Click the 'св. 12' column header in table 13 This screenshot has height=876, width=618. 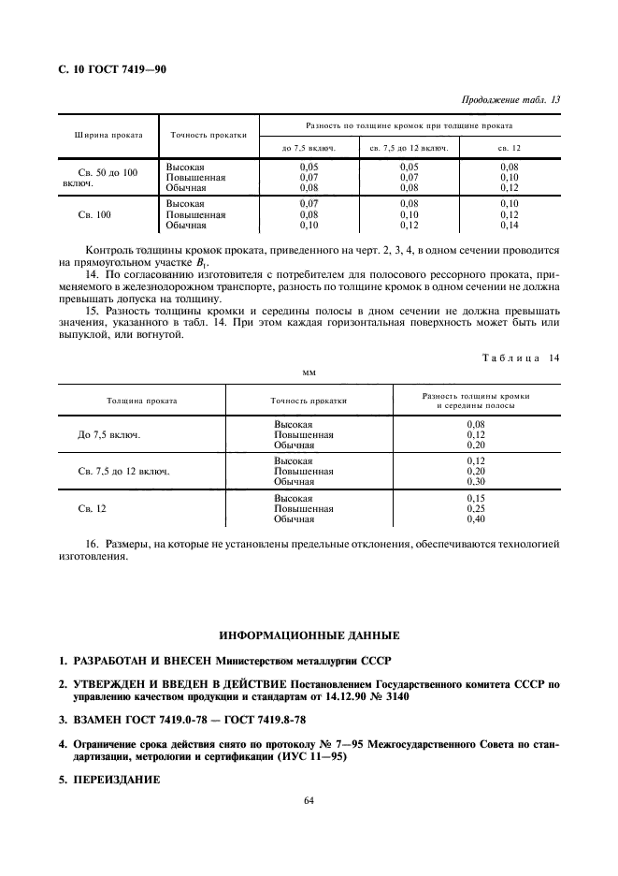coord(509,148)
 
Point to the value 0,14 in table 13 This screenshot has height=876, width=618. coord(509,226)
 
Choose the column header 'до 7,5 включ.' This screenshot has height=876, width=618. coord(309,148)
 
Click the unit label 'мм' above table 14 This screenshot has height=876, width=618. coord(309,372)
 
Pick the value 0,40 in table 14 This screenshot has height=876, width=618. coord(476,518)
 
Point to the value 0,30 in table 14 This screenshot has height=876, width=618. coord(476,481)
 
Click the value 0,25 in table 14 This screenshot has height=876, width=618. coord(476,508)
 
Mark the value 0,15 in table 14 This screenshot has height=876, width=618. coord(476,498)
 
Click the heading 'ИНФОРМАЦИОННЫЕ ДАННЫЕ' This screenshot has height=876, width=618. coord(309,635)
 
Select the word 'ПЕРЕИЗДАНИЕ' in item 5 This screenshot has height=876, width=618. coord(113,779)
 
